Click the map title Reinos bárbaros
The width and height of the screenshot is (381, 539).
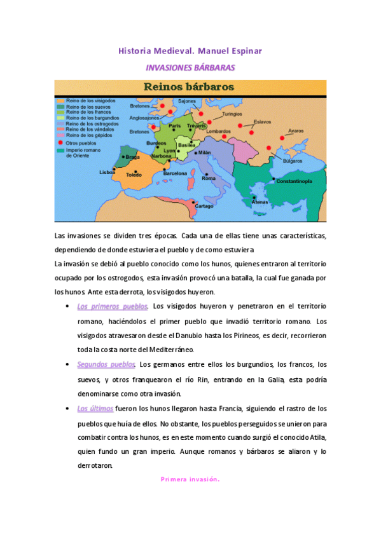click(188, 87)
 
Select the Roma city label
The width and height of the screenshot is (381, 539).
click(209, 179)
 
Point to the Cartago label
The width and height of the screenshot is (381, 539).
click(204, 206)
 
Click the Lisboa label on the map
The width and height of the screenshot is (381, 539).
click(107, 172)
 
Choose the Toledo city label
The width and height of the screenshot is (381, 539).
click(134, 174)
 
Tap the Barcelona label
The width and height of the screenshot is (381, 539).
click(175, 173)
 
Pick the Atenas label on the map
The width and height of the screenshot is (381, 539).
click(260, 203)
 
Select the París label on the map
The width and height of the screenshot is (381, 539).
click(175, 126)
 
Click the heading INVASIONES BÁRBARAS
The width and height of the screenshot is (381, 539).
click(190, 67)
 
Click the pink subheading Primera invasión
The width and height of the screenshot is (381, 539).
click(190, 479)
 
